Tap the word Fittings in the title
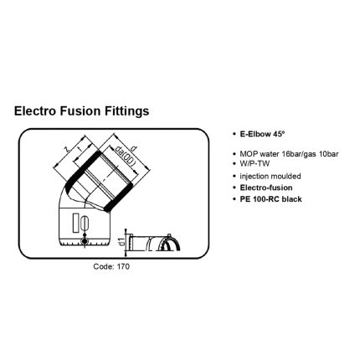[126, 111]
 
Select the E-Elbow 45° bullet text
[262, 134]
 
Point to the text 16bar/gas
[303, 154]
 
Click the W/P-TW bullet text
[255, 163]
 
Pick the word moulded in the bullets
[286, 177]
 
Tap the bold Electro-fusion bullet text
[266, 188]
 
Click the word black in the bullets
[292, 199]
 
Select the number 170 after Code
[123, 266]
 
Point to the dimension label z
[66, 149]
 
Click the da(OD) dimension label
[126, 156]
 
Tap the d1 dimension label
[121, 242]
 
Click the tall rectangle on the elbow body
[75, 222]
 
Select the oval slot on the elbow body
[85, 222]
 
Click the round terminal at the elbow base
[84, 241]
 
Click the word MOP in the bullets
[246, 154]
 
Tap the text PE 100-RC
[260, 199]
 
